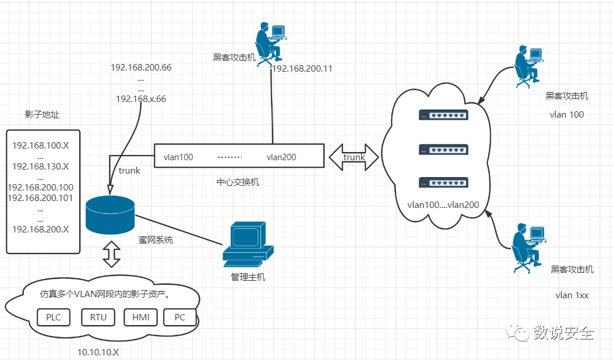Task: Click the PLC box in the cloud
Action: click(54, 317)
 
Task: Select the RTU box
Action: click(98, 317)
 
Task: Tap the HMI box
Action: click(140, 317)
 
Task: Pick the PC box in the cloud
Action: click(180, 317)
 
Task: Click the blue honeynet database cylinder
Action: click(110, 215)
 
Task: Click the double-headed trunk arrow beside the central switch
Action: click(354, 157)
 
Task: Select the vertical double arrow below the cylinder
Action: click(112, 254)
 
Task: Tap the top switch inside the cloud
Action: click(443, 115)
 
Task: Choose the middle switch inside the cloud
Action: click(443, 149)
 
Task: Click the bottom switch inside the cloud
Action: click(443, 182)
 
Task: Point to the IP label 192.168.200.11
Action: click(302, 69)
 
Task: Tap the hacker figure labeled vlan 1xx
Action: click(529, 248)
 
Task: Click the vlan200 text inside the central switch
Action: click(281, 157)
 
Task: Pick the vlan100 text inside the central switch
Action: click(178, 157)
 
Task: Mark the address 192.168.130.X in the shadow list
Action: click(40, 167)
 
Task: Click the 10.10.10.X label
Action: click(98, 352)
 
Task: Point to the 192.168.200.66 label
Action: click(141, 68)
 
